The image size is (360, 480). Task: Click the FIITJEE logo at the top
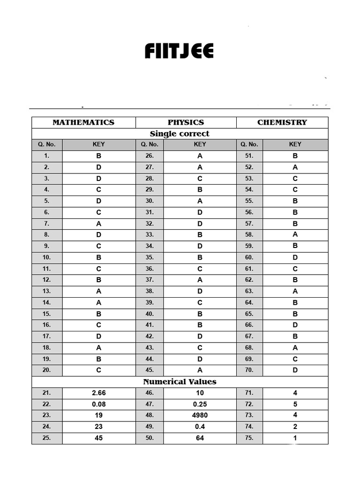pos(179,51)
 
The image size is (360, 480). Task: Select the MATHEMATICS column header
pos(83,122)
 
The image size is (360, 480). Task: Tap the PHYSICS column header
pos(186,122)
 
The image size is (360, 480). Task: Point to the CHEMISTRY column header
pos(282,122)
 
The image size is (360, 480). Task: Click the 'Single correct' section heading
pos(180,134)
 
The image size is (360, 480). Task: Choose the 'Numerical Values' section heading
pos(180,382)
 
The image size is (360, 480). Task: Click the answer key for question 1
pos(99,156)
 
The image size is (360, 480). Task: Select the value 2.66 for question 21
pos(99,393)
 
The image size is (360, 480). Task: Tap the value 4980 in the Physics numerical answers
pos(200,415)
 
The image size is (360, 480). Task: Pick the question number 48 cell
pos(150,415)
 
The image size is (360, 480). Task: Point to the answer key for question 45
pos(200,370)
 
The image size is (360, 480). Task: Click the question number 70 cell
pos(249,370)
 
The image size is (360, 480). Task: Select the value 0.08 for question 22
pos(99,404)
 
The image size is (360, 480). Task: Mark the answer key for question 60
pos(295,257)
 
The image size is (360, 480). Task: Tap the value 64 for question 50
pos(200,438)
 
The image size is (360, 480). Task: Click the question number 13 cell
pos(47,291)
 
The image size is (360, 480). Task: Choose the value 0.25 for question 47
pos(200,404)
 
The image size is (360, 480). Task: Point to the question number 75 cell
pos(249,438)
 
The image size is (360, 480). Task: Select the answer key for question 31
pos(200,212)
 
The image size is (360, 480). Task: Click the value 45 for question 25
pos(99,438)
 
